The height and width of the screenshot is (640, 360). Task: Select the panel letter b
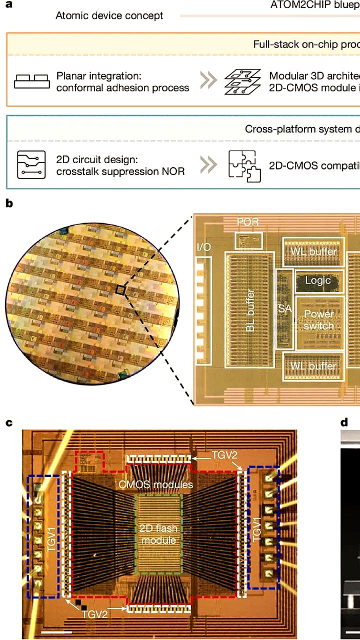[x=9, y=203]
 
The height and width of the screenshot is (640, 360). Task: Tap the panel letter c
[x=8, y=423]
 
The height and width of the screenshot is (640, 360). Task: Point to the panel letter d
[x=344, y=423]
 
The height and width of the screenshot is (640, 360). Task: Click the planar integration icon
[x=31, y=81]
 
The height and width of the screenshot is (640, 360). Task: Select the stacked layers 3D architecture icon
[x=242, y=81]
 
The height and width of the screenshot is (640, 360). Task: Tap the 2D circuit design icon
[x=31, y=164]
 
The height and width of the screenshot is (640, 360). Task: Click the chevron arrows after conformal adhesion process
[x=208, y=81]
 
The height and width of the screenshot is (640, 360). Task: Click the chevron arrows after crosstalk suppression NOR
[x=208, y=164]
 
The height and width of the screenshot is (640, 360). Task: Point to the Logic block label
[x=318, y=280]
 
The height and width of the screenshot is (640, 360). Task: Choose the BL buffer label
[x=250, y=310]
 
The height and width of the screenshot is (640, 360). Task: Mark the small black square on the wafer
[x=120, y=289]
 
